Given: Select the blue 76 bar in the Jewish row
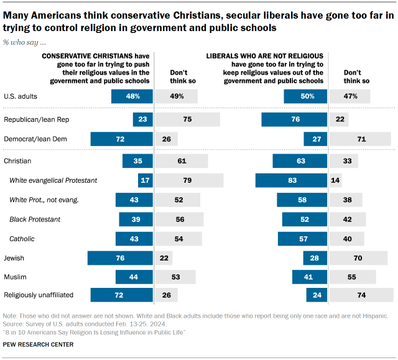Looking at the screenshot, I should tap(120, 258).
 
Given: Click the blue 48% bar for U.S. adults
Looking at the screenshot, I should tap(132, 96).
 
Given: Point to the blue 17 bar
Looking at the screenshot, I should tap(146, 180).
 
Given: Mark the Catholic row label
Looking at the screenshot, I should tap(22, 239).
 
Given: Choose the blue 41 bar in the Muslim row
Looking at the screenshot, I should tap(309, 277).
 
